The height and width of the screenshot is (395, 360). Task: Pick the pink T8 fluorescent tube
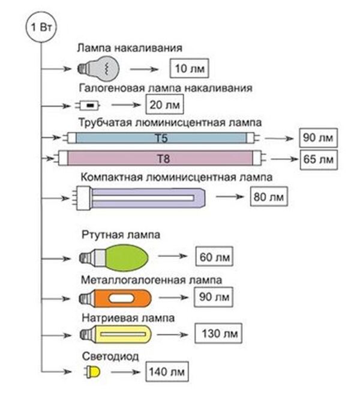pos(160,159)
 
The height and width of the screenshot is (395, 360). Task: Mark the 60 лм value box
pos(214,258)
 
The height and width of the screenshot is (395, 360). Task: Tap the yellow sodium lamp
pos(122,333)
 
